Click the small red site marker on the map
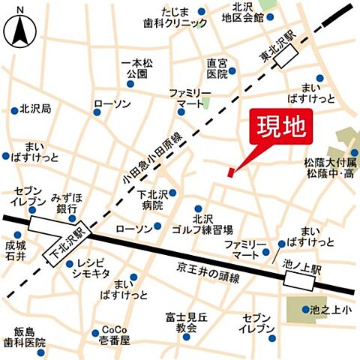point(230,173)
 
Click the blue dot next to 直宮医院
point(232,71)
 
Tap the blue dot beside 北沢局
point(15,109)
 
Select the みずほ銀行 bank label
point(65,202)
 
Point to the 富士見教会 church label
point(182,323)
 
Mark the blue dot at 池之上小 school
point(305,309)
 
